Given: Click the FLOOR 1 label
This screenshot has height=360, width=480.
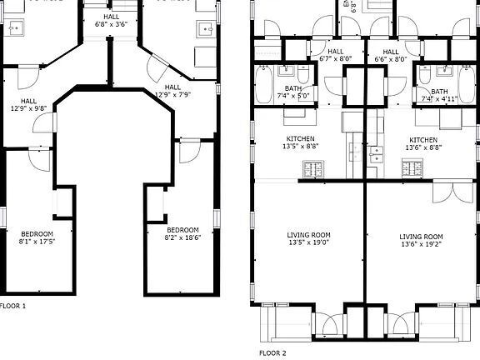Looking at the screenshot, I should pyautogui.click(x=12, y=306).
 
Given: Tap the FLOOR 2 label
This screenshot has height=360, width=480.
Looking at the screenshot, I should pyautogui.click(x=272, y=352).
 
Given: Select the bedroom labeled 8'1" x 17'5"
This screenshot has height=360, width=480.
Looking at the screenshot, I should pyautogui.click(x=37, y=237).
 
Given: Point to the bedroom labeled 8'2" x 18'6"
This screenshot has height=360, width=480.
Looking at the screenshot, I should pyautogui.click(x=182, y=234).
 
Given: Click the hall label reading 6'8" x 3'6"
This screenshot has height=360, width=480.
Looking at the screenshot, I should pyautogui.click(x=111, y=21).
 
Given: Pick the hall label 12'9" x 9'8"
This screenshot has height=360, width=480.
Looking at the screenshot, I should pyautogui.click(x=22, y=103).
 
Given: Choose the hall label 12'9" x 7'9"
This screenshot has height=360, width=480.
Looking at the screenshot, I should pyautogui.click(x=172, y=91).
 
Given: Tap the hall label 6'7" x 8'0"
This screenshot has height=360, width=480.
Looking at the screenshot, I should pyautogui.click(x=335, y=56).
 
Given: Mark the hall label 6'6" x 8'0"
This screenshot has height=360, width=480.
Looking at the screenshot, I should pyautogui.click(x=390, y=56).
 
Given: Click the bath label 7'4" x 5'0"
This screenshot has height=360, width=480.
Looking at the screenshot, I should pyautogui.click(x=293, y=94).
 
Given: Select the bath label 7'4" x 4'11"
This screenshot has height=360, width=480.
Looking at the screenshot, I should pyautogui.click(x=439, y=96).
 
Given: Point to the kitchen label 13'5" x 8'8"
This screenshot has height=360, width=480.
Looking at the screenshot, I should pyautogui.click(x=301, y=142).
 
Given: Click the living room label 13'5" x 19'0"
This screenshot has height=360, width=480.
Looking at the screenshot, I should pyautogui.click(x=308, y=239).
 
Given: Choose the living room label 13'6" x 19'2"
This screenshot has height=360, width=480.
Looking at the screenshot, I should pyautogui.click(x=422, y=240).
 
